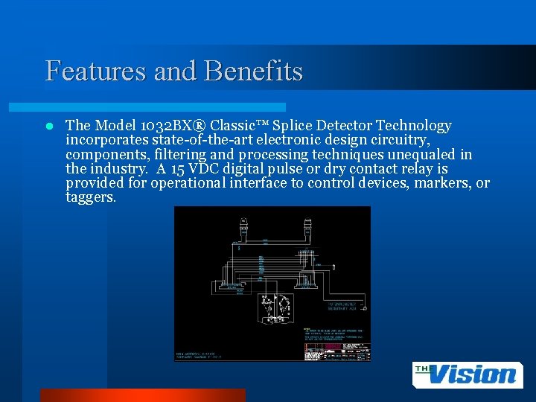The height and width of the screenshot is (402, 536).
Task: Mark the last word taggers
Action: (x=91, y=198)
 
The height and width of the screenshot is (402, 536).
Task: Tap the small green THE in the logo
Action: (x=424, y=367)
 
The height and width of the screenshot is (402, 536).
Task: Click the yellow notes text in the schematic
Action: (x=331, y=333)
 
